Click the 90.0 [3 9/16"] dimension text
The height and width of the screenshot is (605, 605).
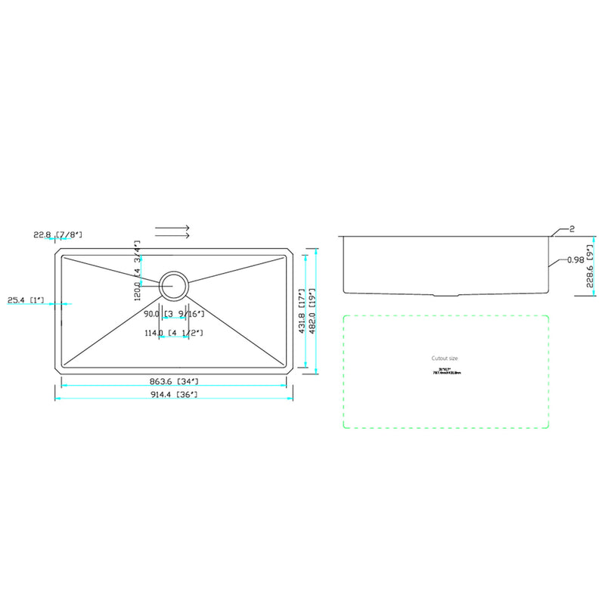pyautogui.click(x=174, y=314)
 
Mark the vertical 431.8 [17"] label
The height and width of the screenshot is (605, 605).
pyautogui.click(x=302, y=311)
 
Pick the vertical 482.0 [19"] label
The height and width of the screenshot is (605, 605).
pyautogui.click(x=312, y=311)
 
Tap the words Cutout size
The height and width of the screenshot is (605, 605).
pyautogui.click(x=445, y=358)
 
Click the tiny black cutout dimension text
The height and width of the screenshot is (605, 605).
pyautogui.click(x=445, y=371)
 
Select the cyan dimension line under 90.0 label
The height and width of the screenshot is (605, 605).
pyautogui.click(x=174, y=318)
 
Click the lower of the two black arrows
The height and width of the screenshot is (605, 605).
pyautogui.click(x=172, y=236)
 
